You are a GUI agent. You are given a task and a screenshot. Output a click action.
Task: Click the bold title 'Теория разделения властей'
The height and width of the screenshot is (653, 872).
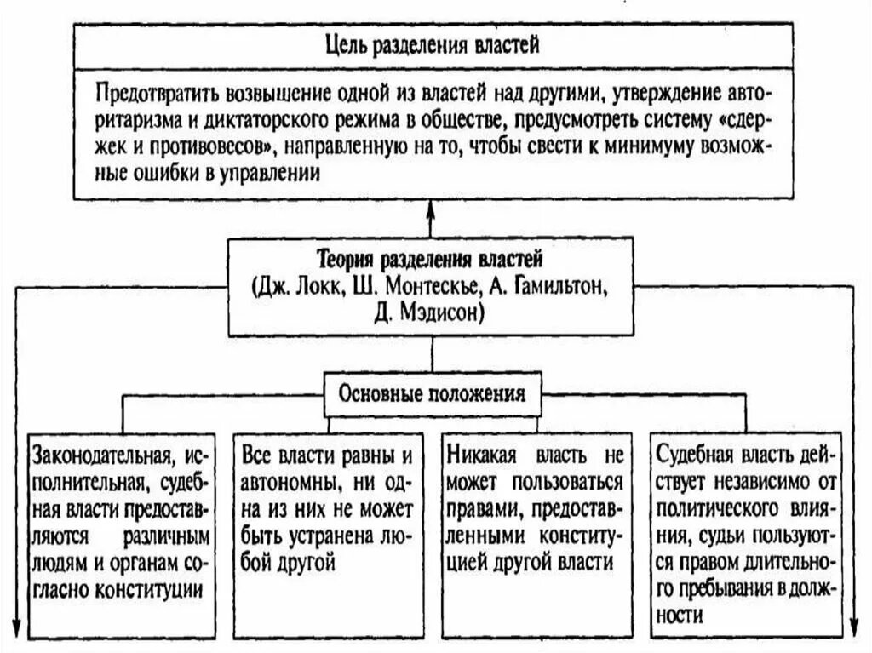(430, 258)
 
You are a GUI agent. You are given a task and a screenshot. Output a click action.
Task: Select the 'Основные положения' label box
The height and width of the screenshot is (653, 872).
(433, 393)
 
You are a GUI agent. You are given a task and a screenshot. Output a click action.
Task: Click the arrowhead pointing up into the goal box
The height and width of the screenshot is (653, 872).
(431, 209)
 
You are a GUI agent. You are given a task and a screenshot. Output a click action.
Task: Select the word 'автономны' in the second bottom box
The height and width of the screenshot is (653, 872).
(282, 482)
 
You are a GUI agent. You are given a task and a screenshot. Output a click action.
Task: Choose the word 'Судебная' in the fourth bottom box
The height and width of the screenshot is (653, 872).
(692, 453)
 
